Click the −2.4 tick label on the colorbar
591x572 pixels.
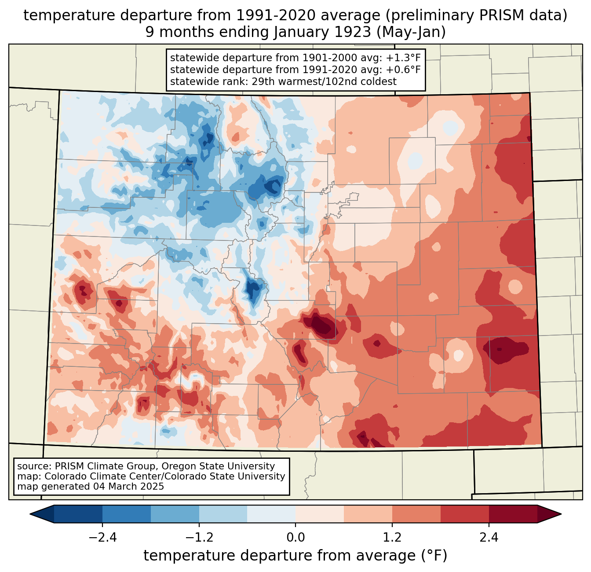(102, 538)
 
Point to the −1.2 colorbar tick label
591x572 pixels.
(199, 538)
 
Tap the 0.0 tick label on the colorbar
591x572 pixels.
(295, 538)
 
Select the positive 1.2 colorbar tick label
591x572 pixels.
(392, 538)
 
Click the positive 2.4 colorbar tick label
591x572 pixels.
(489, 538)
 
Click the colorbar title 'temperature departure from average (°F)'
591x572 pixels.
(295, 556)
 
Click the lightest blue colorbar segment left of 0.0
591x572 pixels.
(271, 514)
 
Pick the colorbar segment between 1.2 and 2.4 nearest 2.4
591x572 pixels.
(464, 514)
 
